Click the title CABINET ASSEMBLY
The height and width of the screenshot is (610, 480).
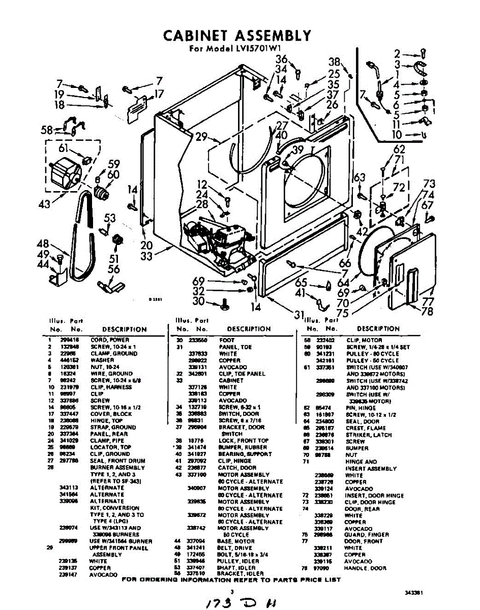pyautogui.click(x=237, y=36)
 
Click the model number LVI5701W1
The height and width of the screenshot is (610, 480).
pyautogui.click(x=245, y=49)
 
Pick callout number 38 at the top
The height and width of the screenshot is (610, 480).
pyautogui.click(x=334, y=62)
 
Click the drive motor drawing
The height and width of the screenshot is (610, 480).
pyautogui.click(x=67, y=175)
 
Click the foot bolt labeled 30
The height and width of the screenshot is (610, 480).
pyautogui.click(x=222, y=305)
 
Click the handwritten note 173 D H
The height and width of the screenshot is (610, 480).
pyautogui.click(x=239, y=601)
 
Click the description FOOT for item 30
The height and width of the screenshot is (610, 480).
pyautogui.click(x=227, y=340)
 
